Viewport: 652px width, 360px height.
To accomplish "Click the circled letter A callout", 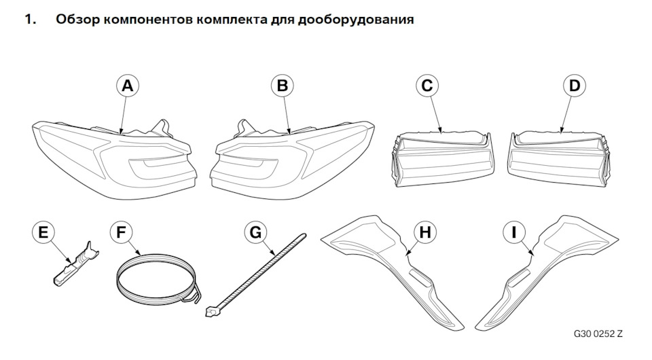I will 127,86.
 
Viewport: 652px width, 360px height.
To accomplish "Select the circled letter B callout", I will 283,86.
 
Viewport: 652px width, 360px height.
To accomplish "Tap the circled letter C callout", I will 427,86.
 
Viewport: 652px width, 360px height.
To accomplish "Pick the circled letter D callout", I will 575,86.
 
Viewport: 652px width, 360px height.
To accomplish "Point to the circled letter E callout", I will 43,233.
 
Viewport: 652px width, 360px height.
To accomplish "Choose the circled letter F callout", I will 122,233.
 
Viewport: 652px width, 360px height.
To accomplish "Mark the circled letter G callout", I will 256,233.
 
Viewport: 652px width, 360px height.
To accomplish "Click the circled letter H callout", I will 424,233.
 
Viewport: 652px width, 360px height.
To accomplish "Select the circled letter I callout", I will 514,233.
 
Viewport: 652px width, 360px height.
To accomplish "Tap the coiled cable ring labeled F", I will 156,279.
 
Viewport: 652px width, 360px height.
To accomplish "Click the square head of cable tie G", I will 211,313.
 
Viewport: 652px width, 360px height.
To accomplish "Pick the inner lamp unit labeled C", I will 442,158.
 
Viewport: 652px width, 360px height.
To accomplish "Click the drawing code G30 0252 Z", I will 598,335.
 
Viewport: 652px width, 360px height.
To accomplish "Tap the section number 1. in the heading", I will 30,20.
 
